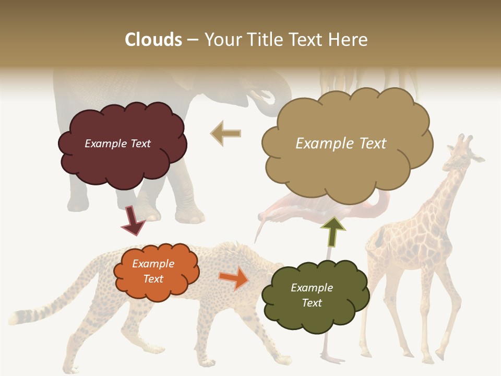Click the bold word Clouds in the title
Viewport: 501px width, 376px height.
[153, 40]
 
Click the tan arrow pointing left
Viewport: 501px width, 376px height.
[226, 134]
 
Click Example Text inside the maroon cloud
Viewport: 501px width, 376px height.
[117, 144]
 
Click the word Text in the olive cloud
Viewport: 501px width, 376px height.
[312, 303]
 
